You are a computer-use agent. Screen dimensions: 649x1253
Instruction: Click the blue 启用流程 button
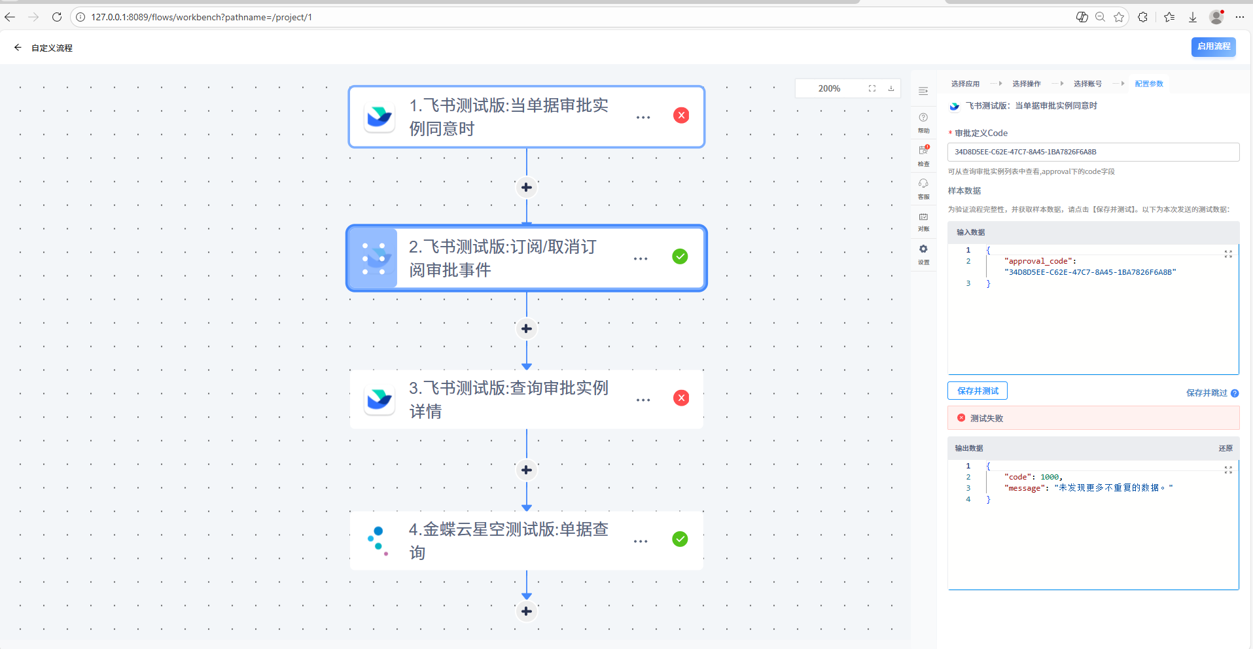click(x=1213, y=46)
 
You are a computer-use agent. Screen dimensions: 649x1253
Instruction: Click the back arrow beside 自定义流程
click(x=18, y=48)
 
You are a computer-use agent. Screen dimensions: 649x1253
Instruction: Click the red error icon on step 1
click(x=681, y=116)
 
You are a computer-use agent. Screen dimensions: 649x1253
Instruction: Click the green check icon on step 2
click(x=680, y=256)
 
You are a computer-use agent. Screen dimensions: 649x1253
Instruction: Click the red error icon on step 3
click(x=681, y=398)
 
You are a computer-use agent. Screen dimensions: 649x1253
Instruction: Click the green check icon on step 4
click(x=680, y=539)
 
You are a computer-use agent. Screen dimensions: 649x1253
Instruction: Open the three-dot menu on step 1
click(x=643, y=117)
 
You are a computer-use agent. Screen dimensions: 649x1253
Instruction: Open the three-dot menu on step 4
click(x=641, y=541)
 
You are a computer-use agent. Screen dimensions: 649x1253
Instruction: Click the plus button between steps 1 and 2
click(x=527, y=188)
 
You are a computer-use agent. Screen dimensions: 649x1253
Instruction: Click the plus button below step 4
click(x=527, y=611)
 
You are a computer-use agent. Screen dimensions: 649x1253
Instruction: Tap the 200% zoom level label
click(x=829, y=88)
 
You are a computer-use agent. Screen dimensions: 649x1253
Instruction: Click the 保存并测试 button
click(x=978, y=391)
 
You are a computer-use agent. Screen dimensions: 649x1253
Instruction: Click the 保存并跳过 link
click(x=1207, y=393)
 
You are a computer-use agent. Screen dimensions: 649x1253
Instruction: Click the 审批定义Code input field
click(x=1093, y=152)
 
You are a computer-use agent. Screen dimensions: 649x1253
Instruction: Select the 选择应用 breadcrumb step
click(x=965, y=84)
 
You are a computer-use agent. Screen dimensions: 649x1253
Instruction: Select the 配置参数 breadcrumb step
click(x=1149, y=84)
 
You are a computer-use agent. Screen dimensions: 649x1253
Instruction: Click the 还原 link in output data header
click(x=1226, y=448)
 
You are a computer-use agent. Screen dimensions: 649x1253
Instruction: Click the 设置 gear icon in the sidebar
click(x=923, y=249)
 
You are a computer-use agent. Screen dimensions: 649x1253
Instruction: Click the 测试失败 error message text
click(x=986, y=418)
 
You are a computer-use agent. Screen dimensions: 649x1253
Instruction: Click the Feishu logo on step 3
click(x=379, y=398)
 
